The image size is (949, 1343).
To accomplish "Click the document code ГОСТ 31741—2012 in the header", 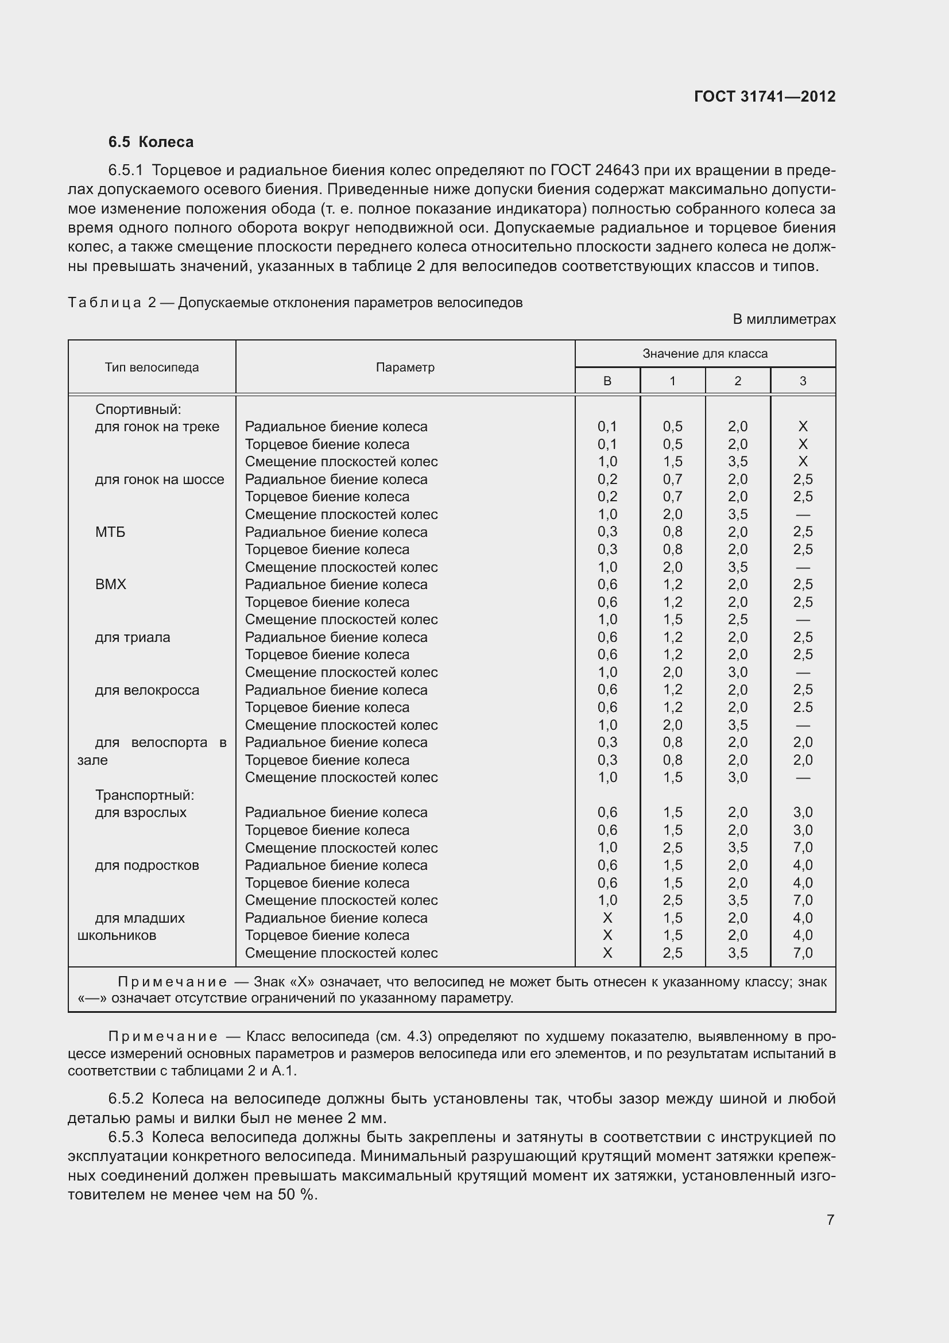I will pos(764,96).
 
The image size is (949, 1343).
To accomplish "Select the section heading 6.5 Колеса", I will pos(150,142).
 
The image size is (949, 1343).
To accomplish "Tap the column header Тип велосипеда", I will pos(152,367).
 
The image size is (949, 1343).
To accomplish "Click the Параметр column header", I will pos(405,367).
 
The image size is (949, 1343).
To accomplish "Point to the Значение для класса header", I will pos(704,353).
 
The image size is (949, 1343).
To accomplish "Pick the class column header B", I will pos(607,381).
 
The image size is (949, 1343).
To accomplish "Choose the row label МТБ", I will pos(110,532).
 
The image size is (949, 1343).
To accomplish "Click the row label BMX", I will pos(110,585).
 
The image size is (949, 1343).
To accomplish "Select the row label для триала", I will pos(132,637).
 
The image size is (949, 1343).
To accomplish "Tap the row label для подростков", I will pos(147,865).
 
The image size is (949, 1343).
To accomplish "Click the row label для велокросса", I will pos(147,690).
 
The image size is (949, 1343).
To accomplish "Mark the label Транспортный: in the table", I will pos(145,795).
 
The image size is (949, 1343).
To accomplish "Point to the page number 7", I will pos(830,1220).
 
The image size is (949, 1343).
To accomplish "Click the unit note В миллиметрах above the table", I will pos(784,319).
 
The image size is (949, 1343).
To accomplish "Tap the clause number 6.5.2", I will pos(126,1098).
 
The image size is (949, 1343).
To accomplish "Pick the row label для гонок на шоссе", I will pos(159,479).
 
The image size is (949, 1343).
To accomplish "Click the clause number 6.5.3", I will pos(126,1137).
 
